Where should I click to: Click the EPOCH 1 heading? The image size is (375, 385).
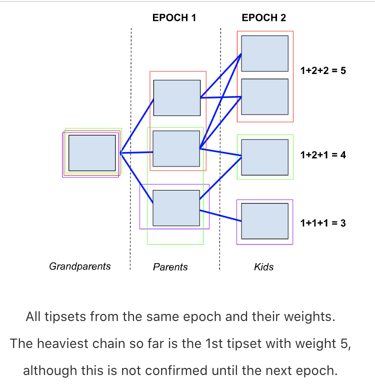(174, 18)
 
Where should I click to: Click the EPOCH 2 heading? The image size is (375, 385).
(263, 18)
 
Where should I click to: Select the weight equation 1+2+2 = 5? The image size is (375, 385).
(323, 70)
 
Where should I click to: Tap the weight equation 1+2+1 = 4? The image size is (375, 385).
(323, 155)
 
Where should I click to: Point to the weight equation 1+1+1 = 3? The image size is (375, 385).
(323, 223)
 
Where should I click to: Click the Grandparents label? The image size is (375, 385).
(79, 266)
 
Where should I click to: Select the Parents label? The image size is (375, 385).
(170, 267)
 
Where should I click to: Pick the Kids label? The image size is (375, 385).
(263, 267)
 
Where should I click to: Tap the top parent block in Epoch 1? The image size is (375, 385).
(176, 98)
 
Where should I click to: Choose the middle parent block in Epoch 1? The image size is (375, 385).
(176, 148)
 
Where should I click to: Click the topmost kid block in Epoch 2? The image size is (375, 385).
(264, 53)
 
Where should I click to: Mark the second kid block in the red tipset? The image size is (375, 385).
(264, 97)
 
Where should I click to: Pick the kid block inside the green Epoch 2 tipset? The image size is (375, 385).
(264, 157)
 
